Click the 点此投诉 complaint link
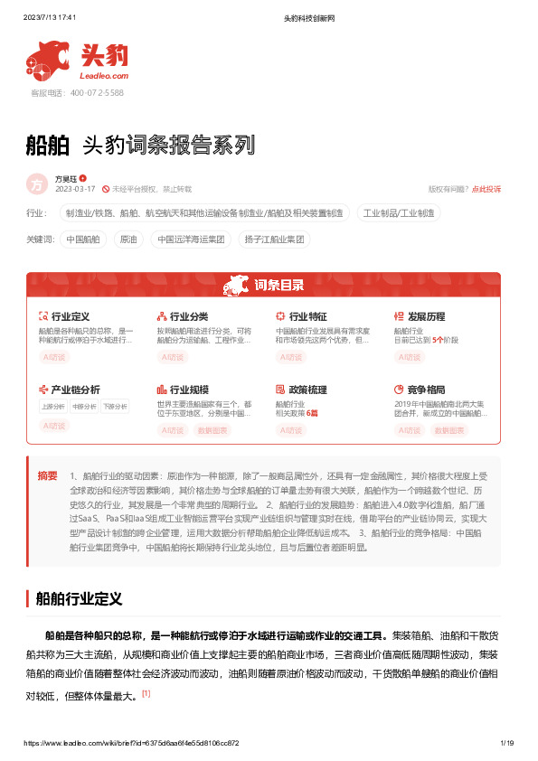coord(486,189)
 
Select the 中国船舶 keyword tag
coord(83,240)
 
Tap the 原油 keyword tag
coord(127,240)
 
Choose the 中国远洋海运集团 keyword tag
coord(191,240)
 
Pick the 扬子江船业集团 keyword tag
coord(273,240)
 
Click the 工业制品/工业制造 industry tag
coord(399,213)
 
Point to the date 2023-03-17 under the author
coord(75,189)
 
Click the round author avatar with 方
coord(37,184)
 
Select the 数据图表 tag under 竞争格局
coord(449,430)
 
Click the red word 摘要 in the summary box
coord(47,475)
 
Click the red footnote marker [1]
coord(146,694)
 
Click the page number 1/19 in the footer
coord(506,743)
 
